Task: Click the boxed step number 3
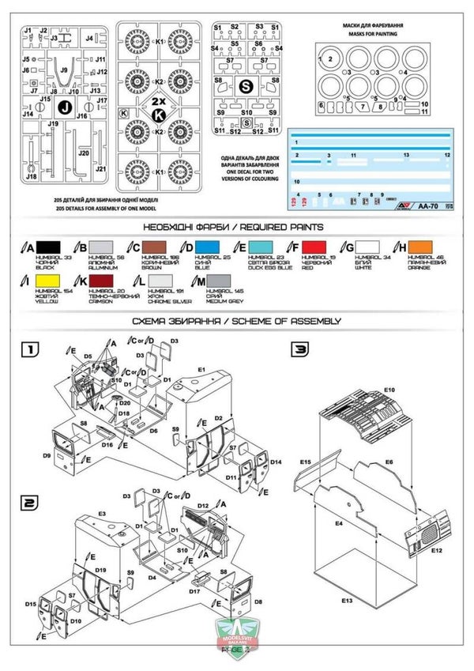click(x=301, y=349)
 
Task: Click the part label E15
click(x=307, y=461)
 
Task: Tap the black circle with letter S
click(x=246, y=86)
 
